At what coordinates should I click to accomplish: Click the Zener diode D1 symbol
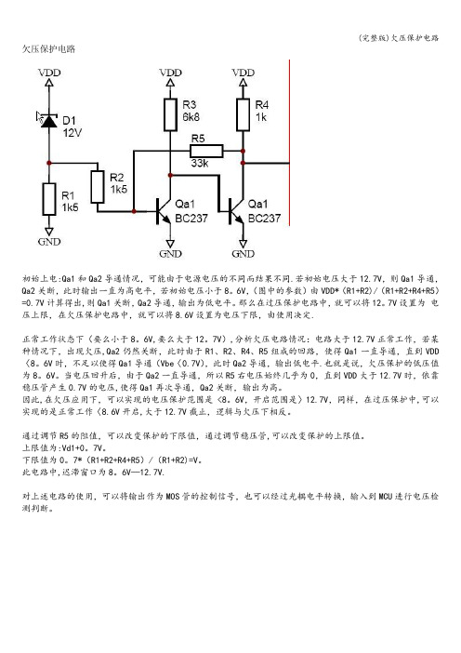pos(49,121)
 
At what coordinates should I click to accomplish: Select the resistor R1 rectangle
pos(49,199)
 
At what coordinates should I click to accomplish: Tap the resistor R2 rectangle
pos(98,187)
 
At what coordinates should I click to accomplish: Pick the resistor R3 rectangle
pos(170,114)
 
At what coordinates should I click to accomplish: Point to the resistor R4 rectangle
pos(243,114)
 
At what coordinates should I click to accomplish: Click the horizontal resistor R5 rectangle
pos(206,151)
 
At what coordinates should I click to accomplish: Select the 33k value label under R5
pos(200,164)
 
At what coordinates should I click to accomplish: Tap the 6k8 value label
pos(191,117)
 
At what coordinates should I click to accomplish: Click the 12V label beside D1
pos(72,133)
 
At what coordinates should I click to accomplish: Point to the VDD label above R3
pos(170,73)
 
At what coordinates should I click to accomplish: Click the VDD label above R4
pos(243,73)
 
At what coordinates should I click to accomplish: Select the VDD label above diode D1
pos(49,73)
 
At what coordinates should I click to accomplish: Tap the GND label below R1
pos(49,242)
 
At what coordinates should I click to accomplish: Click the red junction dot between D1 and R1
pos(49,163)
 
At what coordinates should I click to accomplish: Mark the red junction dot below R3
pos(170,175)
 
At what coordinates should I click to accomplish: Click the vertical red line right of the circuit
pos(289,143)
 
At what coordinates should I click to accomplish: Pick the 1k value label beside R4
pos(261,117)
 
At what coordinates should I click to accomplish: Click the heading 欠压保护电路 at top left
pos(48,48)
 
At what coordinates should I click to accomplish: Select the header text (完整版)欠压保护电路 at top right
pos(399,38)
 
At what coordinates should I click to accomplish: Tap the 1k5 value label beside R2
pos(119,190)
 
